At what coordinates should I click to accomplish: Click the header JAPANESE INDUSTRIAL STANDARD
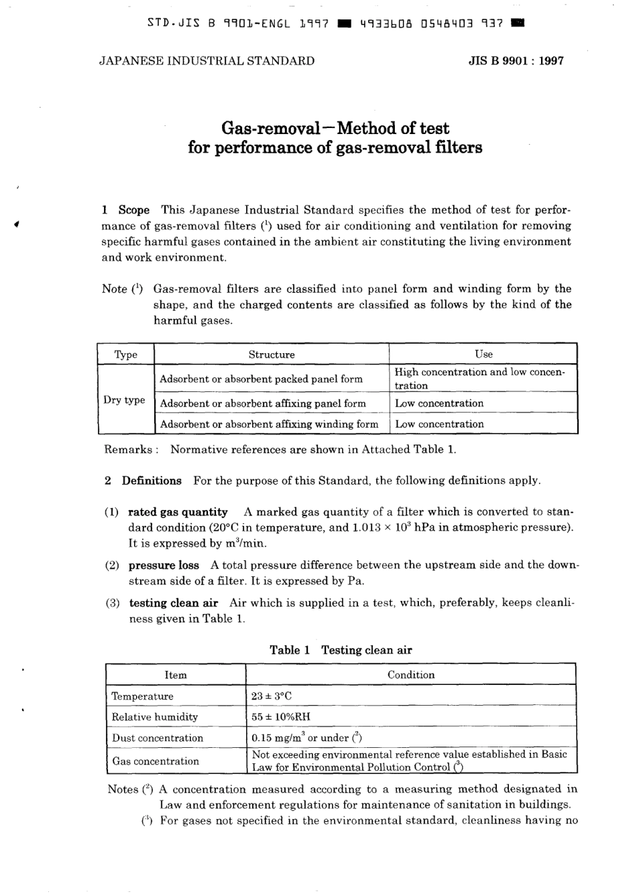[207, 61]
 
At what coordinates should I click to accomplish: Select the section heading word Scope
[134, 210]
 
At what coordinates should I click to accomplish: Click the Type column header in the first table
[125, 355]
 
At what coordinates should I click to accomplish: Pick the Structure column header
[272, 355]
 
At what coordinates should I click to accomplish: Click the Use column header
[483, 355]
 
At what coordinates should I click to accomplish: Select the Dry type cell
[124, 400]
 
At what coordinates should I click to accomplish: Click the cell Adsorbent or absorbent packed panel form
[261, 379]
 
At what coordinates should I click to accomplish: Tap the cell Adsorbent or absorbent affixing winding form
[269, 424]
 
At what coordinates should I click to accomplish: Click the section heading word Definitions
[152, 481]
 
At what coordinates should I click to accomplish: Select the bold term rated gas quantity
[178, 512]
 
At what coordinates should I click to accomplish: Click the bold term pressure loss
[164, 565]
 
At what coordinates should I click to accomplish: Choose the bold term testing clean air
[174, 603]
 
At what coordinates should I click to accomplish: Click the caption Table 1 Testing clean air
[341, 650]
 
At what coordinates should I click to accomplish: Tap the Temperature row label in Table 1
[142, 696]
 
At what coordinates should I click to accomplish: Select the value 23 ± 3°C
[272, 696]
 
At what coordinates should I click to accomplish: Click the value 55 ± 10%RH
[281, 717]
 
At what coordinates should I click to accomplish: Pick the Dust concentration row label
[158, 738]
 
